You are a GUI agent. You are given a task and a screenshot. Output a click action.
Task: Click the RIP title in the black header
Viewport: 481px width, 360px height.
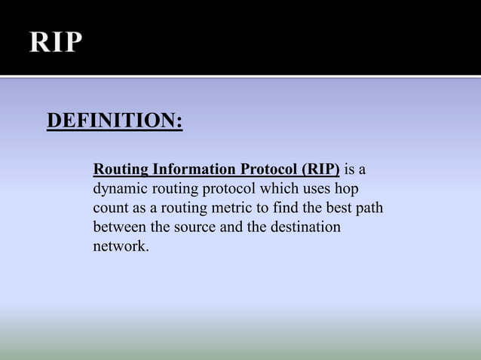(54, 42)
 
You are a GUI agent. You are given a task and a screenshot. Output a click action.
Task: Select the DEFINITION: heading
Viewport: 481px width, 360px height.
(115, 121)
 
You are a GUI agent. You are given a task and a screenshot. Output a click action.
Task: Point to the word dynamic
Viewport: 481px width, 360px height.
(118, 188)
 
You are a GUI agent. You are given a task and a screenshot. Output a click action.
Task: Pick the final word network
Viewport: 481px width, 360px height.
(120, 246)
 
